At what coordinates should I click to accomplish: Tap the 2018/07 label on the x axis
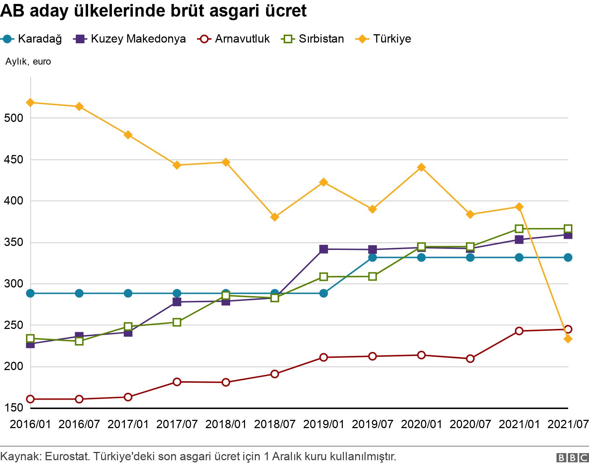(x=275, y=424)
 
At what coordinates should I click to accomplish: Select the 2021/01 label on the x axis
(x=519, y=424)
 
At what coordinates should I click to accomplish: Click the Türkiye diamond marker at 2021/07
(x=568, y=339)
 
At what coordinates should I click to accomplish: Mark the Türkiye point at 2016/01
(x=31, y=102)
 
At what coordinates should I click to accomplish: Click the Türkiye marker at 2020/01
(x=421, y=167)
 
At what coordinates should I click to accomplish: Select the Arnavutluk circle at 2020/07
(x=470, y=359)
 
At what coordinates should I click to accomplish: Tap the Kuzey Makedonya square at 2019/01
(x=323, y=249)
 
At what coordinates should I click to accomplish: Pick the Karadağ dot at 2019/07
(x=372, y=257)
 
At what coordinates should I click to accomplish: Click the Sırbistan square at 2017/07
(x=177, y=322)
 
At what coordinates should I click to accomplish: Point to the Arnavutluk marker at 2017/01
(x=128, y=397)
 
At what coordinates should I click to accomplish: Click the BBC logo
(x=572, y=458)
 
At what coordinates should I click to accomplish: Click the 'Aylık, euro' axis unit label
(x=28, y=62)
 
